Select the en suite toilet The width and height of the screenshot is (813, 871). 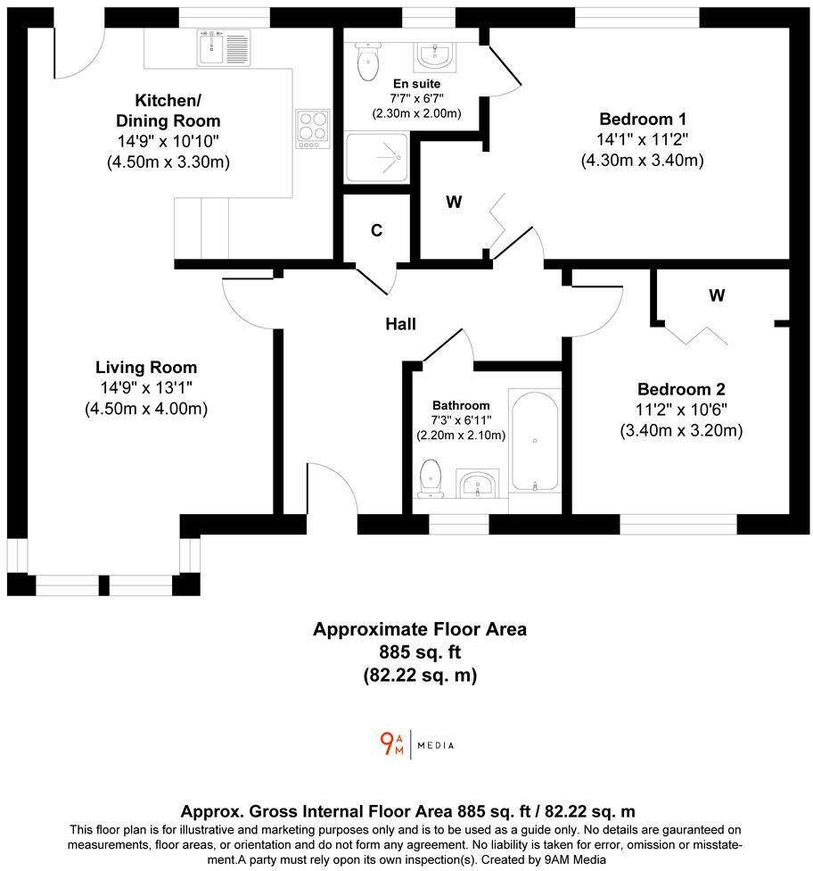click(x=365, y=61)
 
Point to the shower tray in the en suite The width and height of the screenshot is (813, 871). click(x=377, y=158)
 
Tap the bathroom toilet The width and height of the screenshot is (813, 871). click(x=431, y=478)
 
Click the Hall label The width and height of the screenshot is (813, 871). click(x=400, y=325)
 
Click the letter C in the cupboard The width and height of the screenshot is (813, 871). click(x=377, y=230)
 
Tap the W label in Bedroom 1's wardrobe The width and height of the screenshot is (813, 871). click(x=454, y=203)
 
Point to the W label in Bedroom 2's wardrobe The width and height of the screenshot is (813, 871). click(x=717, y=294)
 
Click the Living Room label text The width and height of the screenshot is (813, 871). click(x=146, y=367)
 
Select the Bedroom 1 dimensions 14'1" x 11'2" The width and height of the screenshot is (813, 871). click(x=643, y=140)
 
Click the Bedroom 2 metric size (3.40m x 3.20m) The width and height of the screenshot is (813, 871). click(x=681, y=431)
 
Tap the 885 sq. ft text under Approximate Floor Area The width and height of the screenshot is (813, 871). click(x=419, y=652)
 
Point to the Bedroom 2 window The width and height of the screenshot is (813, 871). click(x=678, y=526)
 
